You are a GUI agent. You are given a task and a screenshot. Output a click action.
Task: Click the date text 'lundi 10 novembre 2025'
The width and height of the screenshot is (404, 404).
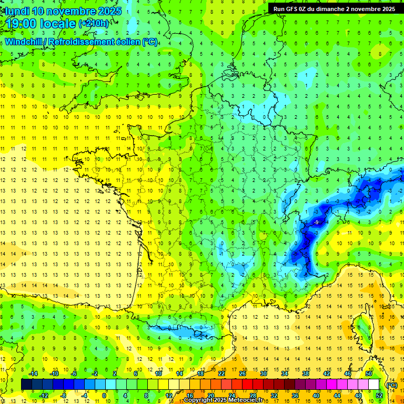coord(63,11)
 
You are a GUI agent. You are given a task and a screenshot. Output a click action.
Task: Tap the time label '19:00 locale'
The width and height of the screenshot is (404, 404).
coord(41,24)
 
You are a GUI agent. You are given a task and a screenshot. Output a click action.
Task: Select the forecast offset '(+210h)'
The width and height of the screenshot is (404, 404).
coord(94,24)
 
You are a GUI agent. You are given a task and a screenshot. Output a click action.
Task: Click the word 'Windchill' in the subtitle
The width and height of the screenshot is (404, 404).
coord(24,42)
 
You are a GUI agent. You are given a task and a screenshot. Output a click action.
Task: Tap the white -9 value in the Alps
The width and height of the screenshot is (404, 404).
coord(316,223)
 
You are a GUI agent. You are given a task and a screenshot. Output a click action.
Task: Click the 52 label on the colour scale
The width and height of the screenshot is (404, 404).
coord(379,396)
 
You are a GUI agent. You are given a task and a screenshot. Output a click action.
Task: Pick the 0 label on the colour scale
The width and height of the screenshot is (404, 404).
coord(104,396)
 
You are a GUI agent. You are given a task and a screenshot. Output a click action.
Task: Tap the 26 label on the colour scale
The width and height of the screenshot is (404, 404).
coord(243,373)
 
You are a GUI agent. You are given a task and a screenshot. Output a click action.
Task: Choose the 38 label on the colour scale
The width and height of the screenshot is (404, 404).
coord(306,373)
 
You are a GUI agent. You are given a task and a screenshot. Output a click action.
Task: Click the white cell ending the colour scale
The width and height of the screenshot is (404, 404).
coord(374,385)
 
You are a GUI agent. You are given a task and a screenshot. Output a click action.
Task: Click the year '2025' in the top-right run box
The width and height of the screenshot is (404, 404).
coord(386,8)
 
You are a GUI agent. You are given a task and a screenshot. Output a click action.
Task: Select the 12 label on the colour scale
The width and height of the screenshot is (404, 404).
coord(168,396)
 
